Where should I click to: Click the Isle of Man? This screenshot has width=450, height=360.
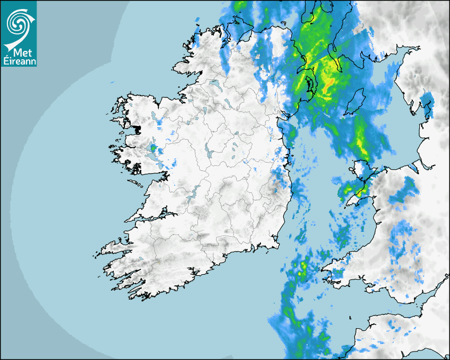coord(355,102)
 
